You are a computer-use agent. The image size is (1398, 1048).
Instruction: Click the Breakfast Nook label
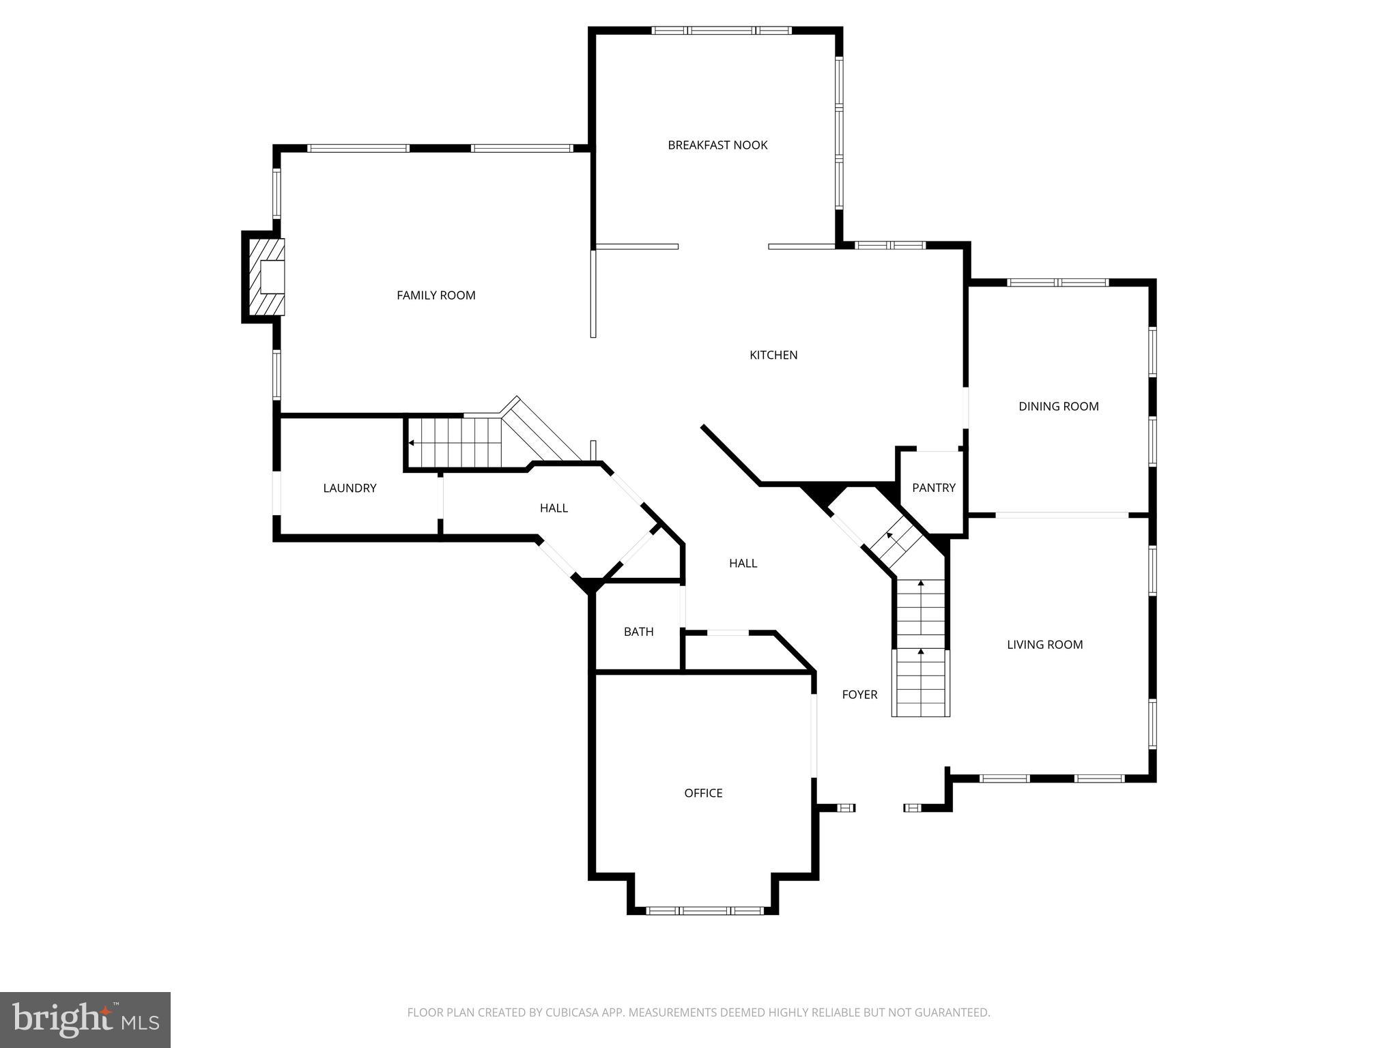click(717, 145)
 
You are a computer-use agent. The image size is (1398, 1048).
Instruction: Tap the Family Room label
click(436, 295)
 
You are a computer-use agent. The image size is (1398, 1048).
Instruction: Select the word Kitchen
click(773, 355)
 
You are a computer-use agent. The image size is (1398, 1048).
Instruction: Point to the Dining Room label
click(1059, 407)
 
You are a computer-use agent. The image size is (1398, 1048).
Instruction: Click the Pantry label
click(934, 488)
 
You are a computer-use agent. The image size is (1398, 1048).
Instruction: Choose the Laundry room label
click(349, 488)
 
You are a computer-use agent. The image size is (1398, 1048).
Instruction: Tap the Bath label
click(638, 632)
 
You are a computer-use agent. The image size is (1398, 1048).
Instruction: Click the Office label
click(703, 793)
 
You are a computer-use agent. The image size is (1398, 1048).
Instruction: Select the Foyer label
click(859, 695)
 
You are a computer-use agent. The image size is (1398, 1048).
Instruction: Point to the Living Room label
click(1044, 645)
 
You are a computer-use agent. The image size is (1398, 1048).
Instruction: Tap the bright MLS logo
click(85, 1020)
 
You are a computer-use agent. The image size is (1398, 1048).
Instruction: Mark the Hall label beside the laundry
click(554, 508)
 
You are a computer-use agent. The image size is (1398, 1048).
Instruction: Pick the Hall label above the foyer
click(743, 564)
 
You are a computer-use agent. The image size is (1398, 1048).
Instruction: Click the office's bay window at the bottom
click(704, 910)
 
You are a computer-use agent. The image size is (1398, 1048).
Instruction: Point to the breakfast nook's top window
click(722, 31)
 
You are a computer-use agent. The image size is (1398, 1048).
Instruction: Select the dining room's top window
click(1058, 282)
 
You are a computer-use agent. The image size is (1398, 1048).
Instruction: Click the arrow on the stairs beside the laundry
click(412, 443)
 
